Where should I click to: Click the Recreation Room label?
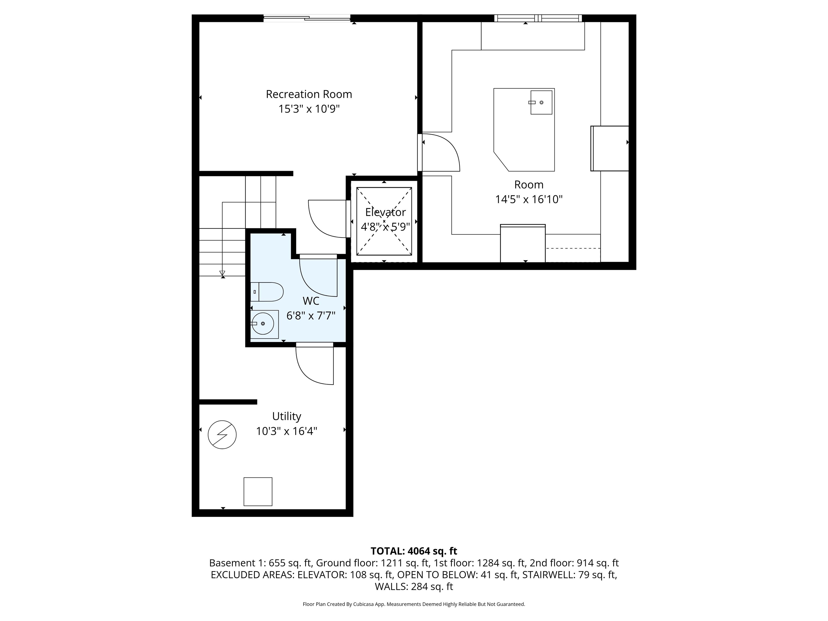point(309,94)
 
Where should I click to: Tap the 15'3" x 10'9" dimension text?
point(309,109)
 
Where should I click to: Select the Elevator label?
point(385,212)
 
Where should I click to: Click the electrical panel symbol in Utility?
point(222,434)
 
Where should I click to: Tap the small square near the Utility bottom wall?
point(258,491)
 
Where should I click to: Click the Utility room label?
point(286,416)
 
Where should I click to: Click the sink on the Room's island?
point(541,102)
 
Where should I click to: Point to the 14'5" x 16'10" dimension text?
point(529,199)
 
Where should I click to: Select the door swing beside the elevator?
point(326,219)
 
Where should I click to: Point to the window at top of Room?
point(538,18)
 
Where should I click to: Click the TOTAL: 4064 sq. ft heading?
point(414,551)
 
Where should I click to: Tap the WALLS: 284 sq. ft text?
point(414,586)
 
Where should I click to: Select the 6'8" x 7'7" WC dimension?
point(311,316)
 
